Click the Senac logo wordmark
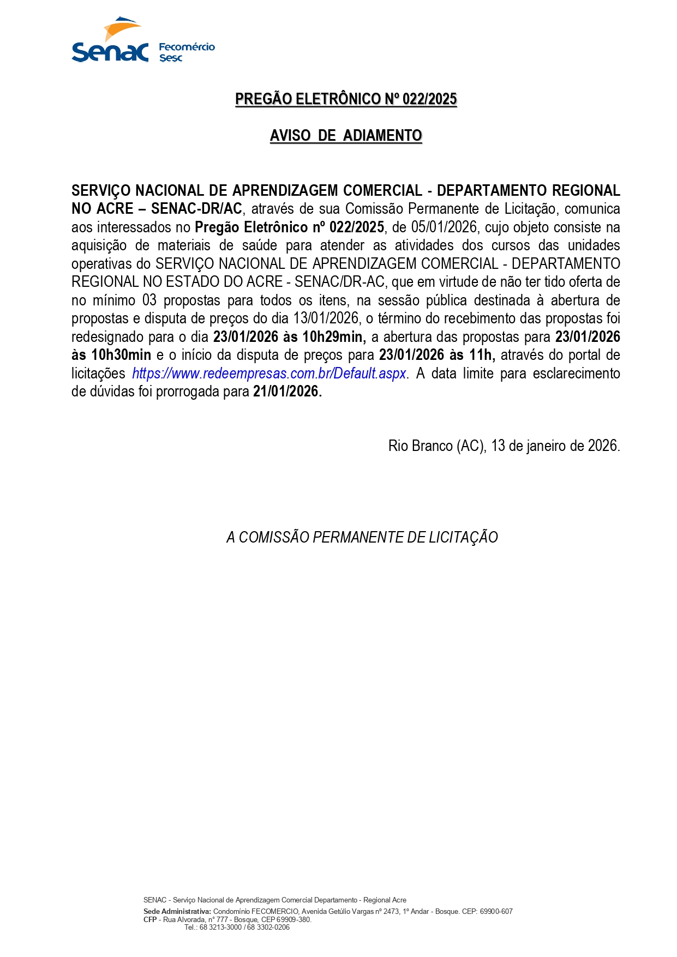[x=110, y=52]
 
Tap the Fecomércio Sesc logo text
[x=187, y=52]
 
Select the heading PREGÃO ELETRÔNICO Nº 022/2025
[x=346, y=99]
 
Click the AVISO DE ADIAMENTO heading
[x=346, y=135]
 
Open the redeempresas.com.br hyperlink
[x=269, y=374]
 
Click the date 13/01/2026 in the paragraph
[x=326, y=318]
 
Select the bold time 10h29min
[x=334, y=337]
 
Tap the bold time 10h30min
[x=121, y=355]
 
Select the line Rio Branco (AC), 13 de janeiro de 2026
[x=504, y=446]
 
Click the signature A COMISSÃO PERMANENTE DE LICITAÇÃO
[x=362, y=538]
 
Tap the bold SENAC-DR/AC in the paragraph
[x=196, y=209]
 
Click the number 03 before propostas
[x=149, y=300]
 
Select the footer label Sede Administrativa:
[x=177, y=911]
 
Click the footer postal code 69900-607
[x=496, y=911]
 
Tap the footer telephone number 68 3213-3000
[x=220, y=927]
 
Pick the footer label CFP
[x=150, y=919]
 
